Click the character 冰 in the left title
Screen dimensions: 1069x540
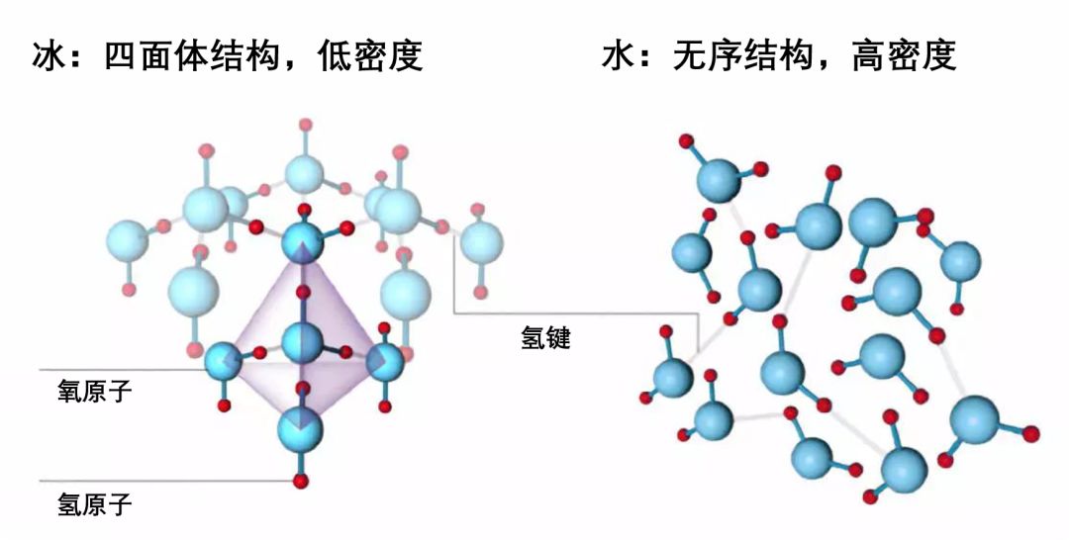tap(50, 55)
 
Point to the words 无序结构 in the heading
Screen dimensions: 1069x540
tap(744, 55)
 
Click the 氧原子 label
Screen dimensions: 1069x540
tap(94, 391)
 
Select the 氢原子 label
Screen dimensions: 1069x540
tap(94, 506)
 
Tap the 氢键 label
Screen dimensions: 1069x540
tap(545, 338)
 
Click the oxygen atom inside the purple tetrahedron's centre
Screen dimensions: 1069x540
tap(302, 342)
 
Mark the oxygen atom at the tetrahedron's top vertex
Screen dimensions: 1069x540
tap(302, 240)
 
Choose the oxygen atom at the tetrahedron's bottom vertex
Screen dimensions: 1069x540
tap(300, 426)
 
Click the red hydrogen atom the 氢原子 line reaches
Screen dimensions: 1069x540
tap(300, 481)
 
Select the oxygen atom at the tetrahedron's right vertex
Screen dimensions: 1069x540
tap(384, 361)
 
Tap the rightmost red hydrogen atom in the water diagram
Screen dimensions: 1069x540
tap(1030, 433)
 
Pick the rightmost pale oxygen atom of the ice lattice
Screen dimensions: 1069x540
tap(482, 242)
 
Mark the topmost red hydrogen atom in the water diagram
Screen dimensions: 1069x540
tap(685, 141)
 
